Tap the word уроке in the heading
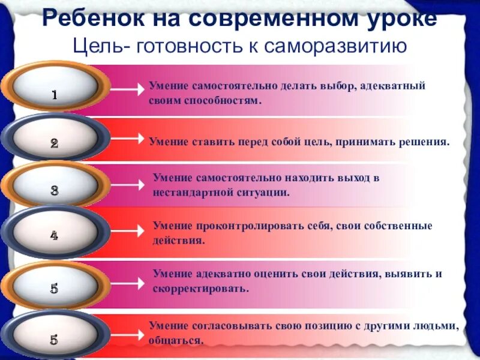[x=401, y=19]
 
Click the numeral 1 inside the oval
[x=54, y=95]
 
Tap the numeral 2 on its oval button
[x=54, y=143]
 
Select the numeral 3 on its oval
[x=54, y=191]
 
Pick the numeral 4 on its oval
[x=54, y=236]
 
